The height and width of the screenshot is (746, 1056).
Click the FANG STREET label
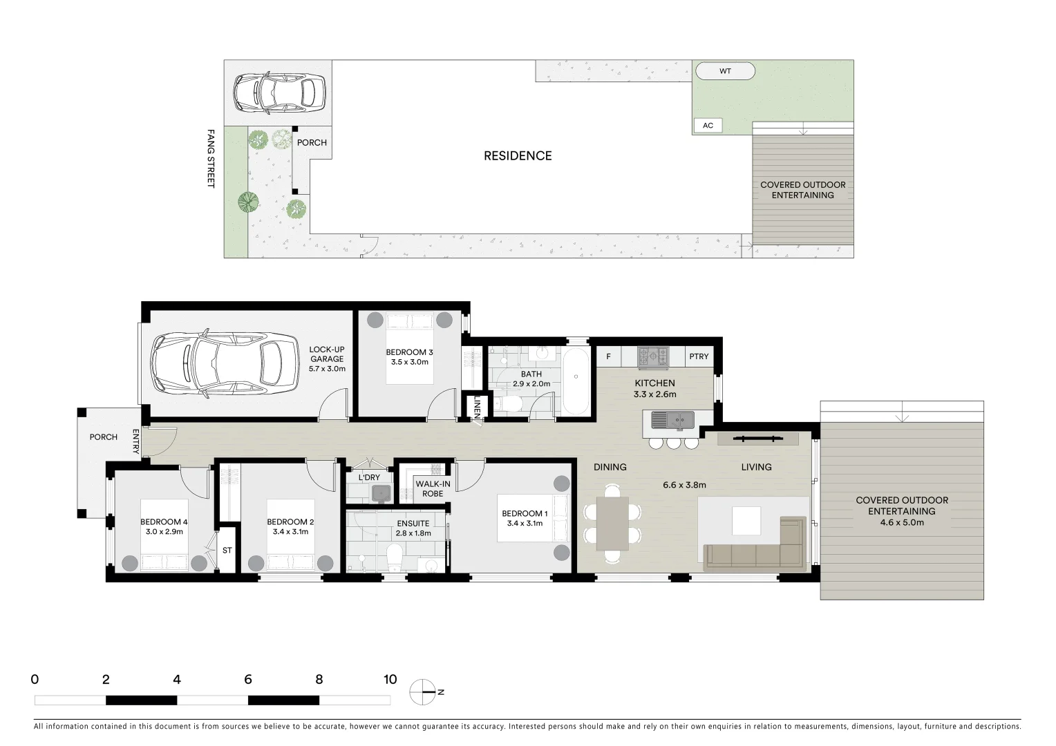(x=211, y=158)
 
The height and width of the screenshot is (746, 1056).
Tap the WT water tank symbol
(x=725, y=71)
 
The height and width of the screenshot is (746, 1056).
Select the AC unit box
(x=708, y=126)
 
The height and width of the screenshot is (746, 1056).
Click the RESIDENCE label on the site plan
(x=518, y=156)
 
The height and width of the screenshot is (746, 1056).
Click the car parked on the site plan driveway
(x=279, y=93)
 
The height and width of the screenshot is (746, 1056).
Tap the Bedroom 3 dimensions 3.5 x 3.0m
(x=409, y=362)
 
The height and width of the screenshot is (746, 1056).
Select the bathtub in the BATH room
(x=575, y=381)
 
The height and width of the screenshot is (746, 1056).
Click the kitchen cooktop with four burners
(x=653, y=356)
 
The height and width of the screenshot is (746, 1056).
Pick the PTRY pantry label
(x=699, y=356)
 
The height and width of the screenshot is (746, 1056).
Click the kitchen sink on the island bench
(x=672, y=419)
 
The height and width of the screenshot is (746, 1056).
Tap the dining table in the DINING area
(x=612, y=523)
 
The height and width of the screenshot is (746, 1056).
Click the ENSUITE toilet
(x=395, y=557)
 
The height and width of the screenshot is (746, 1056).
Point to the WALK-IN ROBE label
(x=433, y=488)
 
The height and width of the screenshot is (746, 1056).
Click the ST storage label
(x=227, y=551)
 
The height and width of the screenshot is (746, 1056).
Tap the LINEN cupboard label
(x=477, y=408)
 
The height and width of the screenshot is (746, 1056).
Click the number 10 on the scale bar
(x=390, y=680)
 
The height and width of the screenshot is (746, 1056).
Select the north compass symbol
(x=423, y=692)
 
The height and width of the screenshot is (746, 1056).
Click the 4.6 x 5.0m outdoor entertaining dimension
(x=901, y=523)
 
